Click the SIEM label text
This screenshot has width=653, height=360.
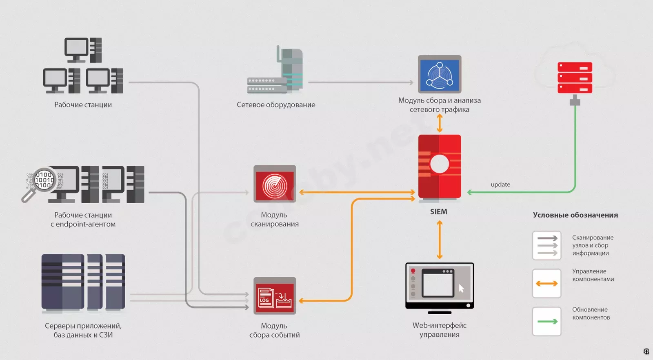[438, 211]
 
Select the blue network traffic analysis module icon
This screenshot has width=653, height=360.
[440, 74]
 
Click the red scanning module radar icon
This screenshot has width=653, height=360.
[275, 184]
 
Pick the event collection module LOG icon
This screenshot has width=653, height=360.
[275, 296]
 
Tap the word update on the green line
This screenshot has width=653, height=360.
[500, 184]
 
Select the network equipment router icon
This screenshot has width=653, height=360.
[275, 70]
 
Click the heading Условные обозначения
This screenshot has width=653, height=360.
[575, 215]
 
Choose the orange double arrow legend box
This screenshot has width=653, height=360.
[546, 283]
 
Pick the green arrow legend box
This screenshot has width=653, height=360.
[546, 321]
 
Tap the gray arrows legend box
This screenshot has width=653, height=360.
[546, 245]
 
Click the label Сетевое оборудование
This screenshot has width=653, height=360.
[276, 104]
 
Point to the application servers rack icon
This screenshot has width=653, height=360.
[83, 282]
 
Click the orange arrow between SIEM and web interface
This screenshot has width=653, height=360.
[440, 240]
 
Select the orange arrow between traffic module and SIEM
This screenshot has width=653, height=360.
[440, 123]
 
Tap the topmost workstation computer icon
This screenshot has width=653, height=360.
[83, 50]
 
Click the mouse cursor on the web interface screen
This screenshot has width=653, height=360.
[461, 288]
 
